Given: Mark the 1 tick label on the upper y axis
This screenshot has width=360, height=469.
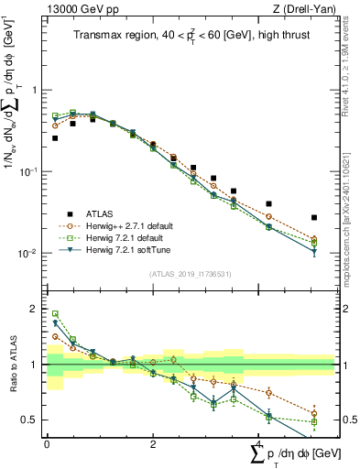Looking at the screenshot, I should pos(33,90).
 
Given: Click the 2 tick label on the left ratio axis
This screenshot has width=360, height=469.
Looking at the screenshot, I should pos(33,309).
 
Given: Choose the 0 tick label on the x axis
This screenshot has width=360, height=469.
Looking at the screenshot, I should pos(47,443).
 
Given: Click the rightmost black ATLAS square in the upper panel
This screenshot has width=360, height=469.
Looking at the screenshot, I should pos(314,217).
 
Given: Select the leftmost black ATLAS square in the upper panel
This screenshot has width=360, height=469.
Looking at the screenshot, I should pos(55,138).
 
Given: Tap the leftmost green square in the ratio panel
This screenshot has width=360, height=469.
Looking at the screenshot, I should pos(55,313).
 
